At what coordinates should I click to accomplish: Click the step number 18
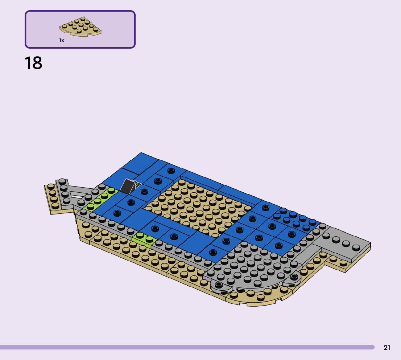click(x=33, y=63)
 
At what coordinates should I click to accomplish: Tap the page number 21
click(x=387, y=347)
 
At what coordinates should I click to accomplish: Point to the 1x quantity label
click(x=62, y=40)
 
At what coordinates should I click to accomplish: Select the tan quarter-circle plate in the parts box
click(x=80, y=26)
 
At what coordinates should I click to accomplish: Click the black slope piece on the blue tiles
click(x=128, y=186)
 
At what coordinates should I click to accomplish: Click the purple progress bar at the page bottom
click(x=187, y=347)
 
